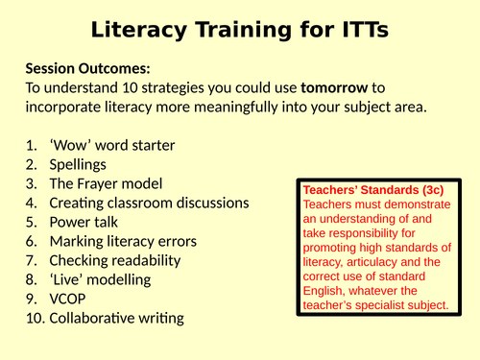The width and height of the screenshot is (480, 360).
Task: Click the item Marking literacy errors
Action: pyautogui.click(x=124, y=241)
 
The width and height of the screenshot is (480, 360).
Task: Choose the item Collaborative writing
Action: pyautogui.click(x=116, y=318)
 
